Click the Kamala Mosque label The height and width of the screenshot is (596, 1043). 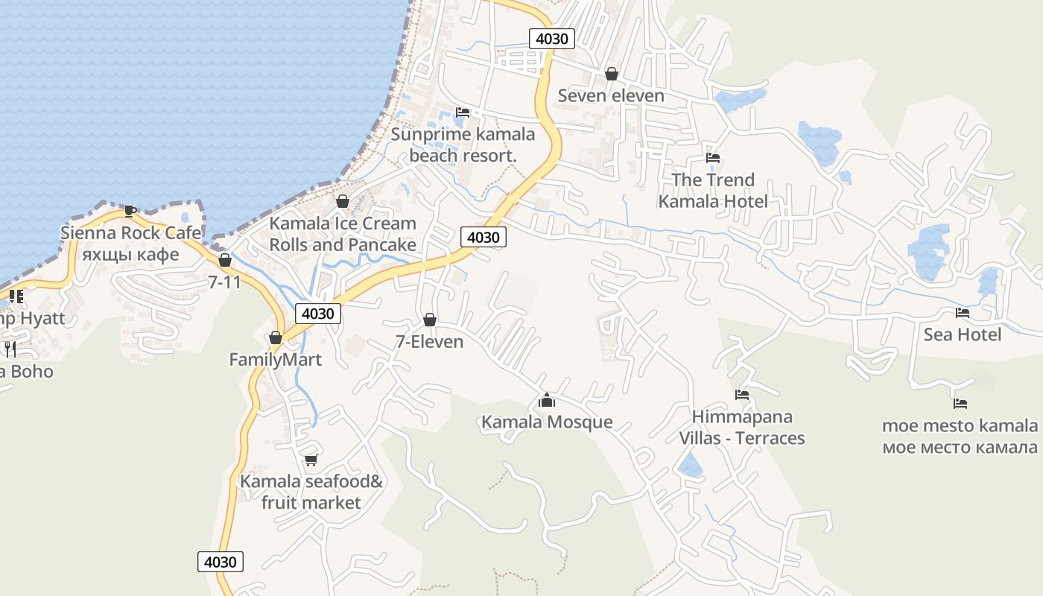[547, 422]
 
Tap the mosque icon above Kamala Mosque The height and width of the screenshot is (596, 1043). [547, 401]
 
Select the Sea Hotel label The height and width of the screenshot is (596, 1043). [963, 335]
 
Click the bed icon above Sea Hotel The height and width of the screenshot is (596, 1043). [963, 313]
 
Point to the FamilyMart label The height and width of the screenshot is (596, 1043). [275, 360]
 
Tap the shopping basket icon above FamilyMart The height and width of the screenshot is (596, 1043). [276, 338]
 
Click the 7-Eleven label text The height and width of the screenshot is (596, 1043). [429, 342]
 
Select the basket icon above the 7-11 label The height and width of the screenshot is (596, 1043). [224, 260]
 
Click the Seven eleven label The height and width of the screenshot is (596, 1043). [611, 95]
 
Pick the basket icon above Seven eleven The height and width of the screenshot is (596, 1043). [612, 74]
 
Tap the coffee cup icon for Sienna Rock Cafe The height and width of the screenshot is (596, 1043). [130, 211]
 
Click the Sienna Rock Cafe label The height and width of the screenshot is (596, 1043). [130, 233]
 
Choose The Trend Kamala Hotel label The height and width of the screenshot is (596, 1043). [713, 191]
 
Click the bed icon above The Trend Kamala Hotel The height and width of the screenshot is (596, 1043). [713, 158]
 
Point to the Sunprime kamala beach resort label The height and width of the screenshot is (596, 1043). [463, 145]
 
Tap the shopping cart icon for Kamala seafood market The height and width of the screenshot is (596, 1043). [311, 460]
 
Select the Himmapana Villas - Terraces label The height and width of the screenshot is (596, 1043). [742, 427]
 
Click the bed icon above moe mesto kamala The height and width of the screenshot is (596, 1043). [960, 404]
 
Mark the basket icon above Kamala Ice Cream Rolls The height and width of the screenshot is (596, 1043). [343, 201]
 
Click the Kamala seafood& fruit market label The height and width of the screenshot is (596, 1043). [311, 492]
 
